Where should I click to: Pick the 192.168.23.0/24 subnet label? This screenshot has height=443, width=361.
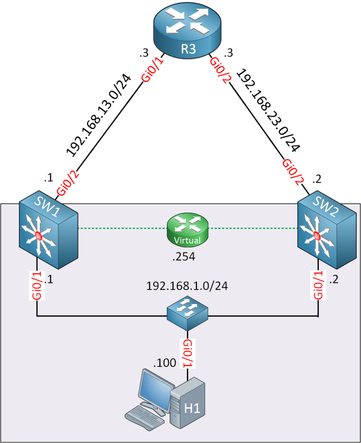(268, 111)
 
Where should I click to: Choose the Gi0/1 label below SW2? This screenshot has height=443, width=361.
(318, 285)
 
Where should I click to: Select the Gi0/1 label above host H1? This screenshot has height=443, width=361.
(188, 353)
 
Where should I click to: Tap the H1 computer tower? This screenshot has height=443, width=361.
(188, 404)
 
